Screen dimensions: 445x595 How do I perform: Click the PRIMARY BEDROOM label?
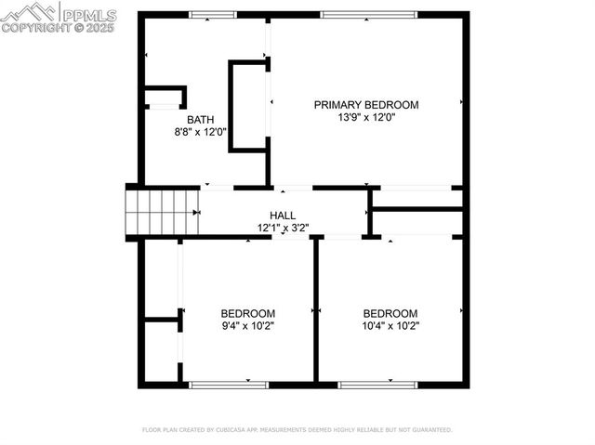click(365, 105)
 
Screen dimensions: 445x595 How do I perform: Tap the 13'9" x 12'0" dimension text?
click(365, 118)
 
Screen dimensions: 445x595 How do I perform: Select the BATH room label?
click(200, 120)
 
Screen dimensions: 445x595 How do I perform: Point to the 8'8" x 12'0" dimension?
click(200, 133)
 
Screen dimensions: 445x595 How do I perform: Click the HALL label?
click(283, 216)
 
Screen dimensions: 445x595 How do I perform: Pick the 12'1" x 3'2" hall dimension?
click(283, 228)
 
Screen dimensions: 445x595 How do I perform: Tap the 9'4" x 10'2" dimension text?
click(247, 326)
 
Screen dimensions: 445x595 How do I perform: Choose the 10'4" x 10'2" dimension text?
click(390, 326)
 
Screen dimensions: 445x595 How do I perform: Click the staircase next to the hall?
click(162, 212)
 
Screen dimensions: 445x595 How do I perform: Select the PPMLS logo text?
click(89, 15)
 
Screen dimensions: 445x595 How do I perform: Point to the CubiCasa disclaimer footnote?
click(297, 430)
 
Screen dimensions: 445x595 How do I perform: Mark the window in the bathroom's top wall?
click(213, 15)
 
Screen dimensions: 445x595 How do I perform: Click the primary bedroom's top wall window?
click(368, 15)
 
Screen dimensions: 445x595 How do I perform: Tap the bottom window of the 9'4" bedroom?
click(229, 384)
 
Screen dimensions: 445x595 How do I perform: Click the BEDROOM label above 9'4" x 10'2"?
click(247, 313)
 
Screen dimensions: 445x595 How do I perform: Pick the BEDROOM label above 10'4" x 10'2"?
click(390, 313)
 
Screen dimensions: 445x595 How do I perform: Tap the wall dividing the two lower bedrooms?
click(316, 310)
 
